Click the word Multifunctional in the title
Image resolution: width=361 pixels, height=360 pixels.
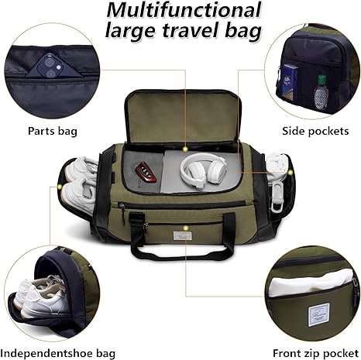click(184, 10)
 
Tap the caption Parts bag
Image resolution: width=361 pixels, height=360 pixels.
click(53, 131)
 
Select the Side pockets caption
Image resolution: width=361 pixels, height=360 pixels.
click(315, 131)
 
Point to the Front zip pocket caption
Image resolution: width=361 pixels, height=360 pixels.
click(315, 353)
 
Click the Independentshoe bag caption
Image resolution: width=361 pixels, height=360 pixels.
click(58, 353)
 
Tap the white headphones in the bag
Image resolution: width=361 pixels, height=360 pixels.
click(204, 170)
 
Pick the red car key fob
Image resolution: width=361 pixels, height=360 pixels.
click(146, 172)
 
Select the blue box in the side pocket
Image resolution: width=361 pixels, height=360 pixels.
click(289, 82)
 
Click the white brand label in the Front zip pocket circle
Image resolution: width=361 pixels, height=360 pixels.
click(318, 314)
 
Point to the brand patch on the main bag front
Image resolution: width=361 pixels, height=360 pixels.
click(182, 235)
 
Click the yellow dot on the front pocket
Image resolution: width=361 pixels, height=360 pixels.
click(185, 228)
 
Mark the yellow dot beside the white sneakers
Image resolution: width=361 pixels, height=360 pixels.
click(60, 187)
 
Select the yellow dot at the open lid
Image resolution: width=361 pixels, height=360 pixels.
click(185, 149)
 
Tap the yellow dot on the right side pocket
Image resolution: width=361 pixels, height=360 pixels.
click(291, 173)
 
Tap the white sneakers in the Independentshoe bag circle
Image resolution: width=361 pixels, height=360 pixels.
click(41, 297)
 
